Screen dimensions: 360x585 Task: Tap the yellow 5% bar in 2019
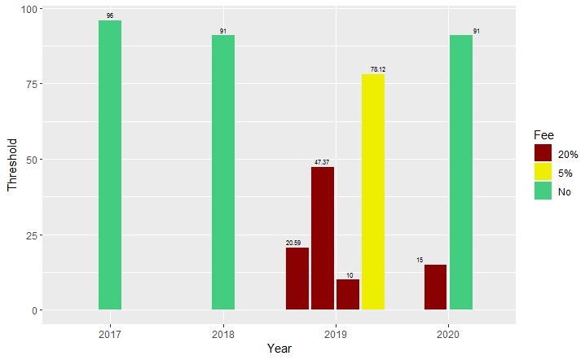pyautogui.click(x=373, y=192)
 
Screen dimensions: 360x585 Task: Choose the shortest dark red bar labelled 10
pyautogui.click(x=348, y=294)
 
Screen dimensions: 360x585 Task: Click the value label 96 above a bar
pyautogui.click(x=110, y=15)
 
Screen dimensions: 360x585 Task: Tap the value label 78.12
pyautogui.click(x=378, y=69)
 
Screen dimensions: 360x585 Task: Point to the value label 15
pyautogui.click(x=420, y=260)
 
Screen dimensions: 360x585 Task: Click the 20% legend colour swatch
pyautogui.click(x=543, y=152)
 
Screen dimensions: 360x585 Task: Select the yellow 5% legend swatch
pyautogui.click(x=543, y=172)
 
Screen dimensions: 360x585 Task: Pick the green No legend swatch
pyautogui.click(x=543, y=191)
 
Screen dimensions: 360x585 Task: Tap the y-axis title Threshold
pyautogui.click(x=12, y=160)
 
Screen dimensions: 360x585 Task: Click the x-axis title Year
pyautogui.click(x=279, y=349)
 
